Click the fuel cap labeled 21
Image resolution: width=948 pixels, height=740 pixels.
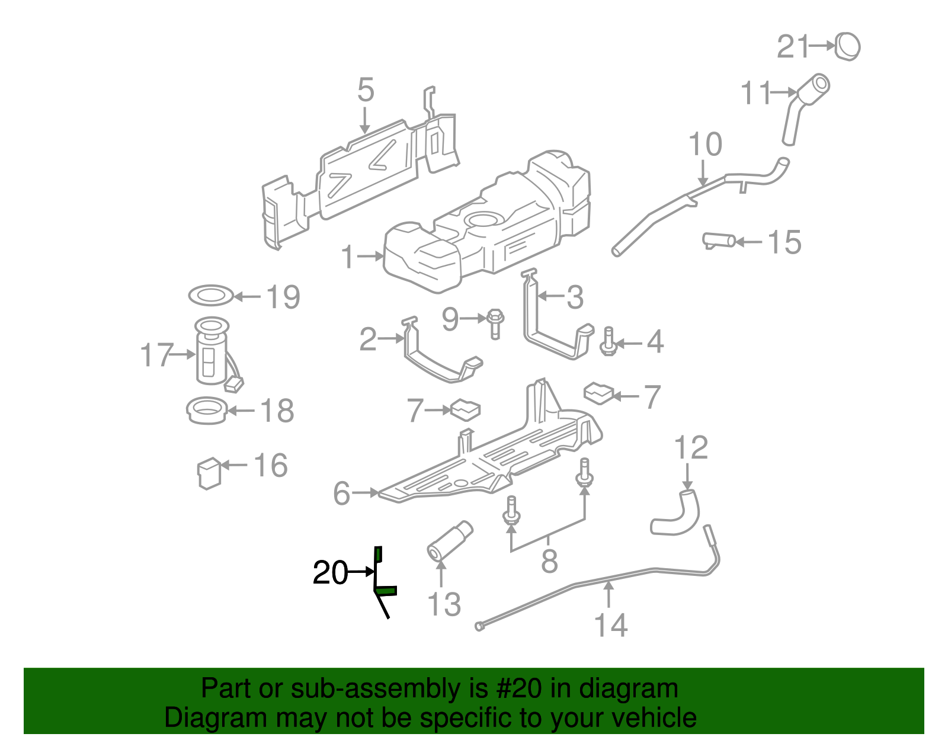click(848, 46)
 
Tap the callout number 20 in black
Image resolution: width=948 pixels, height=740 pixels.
click(330, 573)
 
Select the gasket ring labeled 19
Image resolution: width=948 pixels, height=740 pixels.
click(210, 294)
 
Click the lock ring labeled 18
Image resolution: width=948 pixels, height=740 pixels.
click(207, 411)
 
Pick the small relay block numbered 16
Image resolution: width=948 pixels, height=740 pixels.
click(209, 473)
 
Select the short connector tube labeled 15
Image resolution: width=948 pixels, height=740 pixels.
click(719, 241)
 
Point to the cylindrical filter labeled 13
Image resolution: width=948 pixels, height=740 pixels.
click(450, 540)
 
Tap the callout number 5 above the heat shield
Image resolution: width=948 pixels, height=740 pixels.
click(366, 91)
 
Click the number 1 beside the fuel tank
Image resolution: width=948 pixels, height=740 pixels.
click(348, 257)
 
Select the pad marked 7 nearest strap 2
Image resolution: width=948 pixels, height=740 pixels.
click(466, 409)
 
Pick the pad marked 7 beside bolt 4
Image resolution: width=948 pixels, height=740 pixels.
click(599, 393)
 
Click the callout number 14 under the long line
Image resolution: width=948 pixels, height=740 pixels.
click(611, 626)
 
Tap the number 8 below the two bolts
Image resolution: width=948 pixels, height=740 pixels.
click(549, 560)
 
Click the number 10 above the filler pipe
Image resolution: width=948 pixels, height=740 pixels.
click(705, 145)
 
